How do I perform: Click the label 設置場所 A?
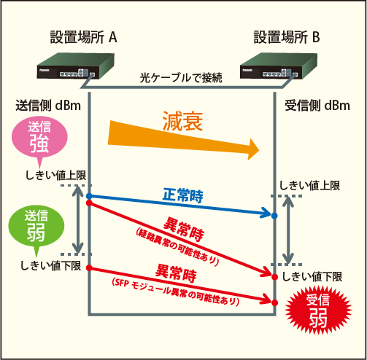pos(83,37)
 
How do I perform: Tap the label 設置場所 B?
pos(287,37)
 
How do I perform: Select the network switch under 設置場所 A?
pos(76,66)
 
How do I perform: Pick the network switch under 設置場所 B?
pos(279,66)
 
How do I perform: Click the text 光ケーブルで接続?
pos(181,78)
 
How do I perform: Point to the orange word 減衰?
pos(182,121)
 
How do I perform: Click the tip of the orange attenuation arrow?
pos(259,150)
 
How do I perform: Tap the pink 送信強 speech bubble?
pos(39,137)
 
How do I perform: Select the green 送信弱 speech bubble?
pos(36,227)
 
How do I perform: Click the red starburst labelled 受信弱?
pos(318,310)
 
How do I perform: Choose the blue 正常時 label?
pos(182,195)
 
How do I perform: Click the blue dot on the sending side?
pos(89,196)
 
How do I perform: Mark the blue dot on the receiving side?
pos(274,216)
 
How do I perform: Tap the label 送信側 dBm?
pos(48,106)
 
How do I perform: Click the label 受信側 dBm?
pos(317,106)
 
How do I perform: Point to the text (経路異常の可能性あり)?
pos(177,247)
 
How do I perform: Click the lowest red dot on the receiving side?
pos(274,302)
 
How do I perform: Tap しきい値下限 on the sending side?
pos(50,265)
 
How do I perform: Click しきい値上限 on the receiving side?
pos(309,186)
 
